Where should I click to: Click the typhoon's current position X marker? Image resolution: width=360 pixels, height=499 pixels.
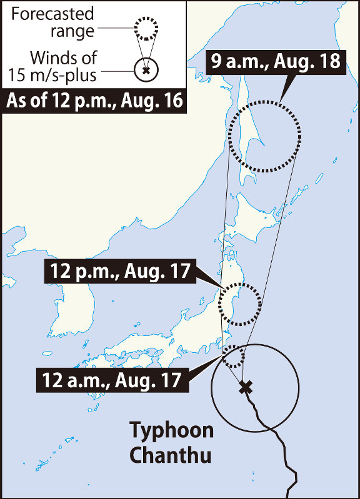[x=246, y=387]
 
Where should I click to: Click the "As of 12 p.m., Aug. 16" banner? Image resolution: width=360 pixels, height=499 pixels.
[x=95, y=101]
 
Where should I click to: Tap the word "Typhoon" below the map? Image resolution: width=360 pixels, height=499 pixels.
[x=171, y=431]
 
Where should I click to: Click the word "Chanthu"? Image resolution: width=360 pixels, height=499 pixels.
[x=170, y=454]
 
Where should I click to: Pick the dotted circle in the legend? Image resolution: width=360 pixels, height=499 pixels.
[x=146, y=28]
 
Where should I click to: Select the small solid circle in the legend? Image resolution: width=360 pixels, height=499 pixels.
[x=146, y=70]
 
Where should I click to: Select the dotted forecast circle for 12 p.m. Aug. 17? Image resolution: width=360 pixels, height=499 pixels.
[x=239, y=304]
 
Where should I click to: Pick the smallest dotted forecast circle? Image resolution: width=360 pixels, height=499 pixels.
[x=234, y=357]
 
